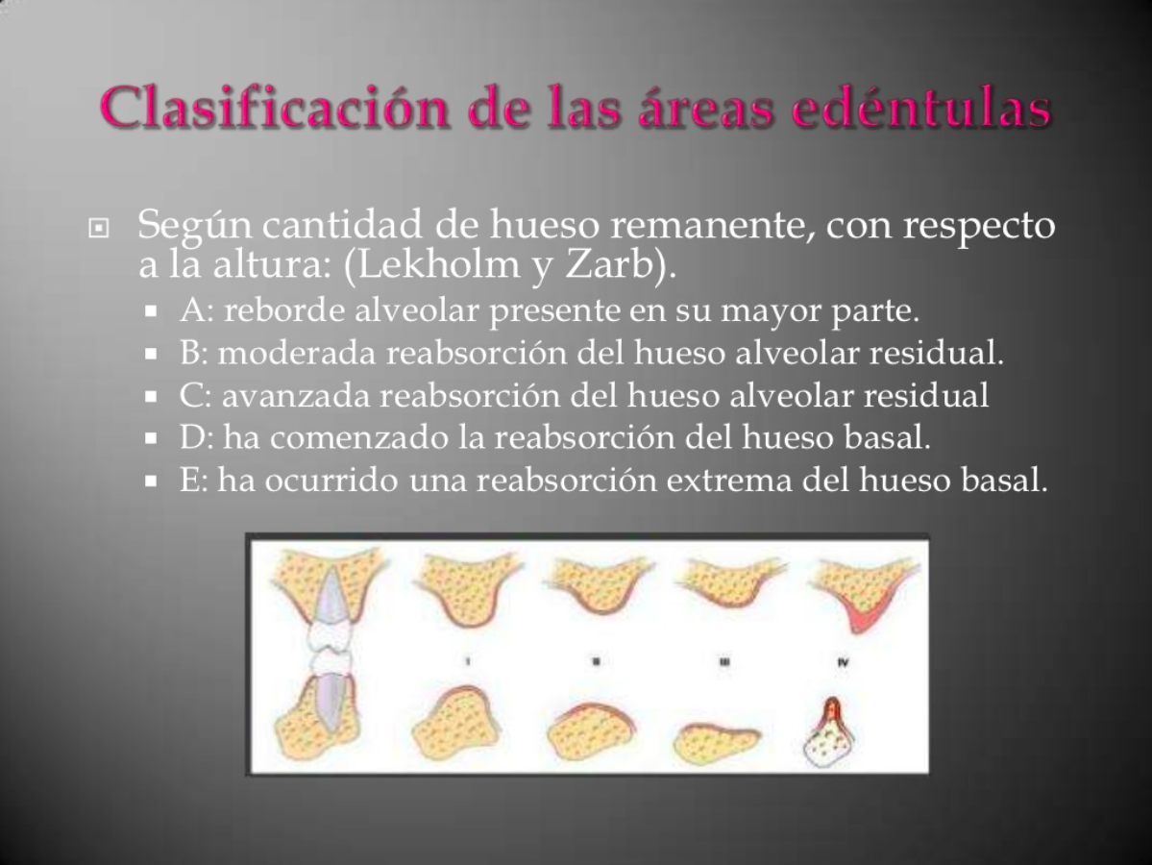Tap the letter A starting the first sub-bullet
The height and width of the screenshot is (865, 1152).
[188, 312]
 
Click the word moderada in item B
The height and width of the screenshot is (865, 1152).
[298, 354]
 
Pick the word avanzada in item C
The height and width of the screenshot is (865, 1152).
[294, 395]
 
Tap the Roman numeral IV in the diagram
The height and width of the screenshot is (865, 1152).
[843, 661]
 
